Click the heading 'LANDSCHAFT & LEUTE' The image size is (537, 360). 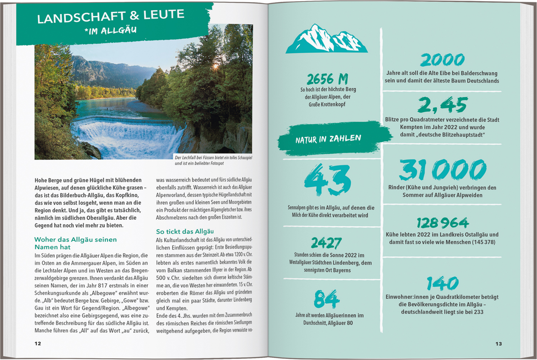click(x=111, y=16)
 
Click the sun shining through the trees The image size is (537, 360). click(x=216, y=66)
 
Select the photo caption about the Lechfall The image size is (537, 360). click(x=213, y=160)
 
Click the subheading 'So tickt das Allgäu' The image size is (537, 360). click(x=185, y=232)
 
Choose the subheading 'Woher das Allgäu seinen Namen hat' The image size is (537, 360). click(x=76, y=243)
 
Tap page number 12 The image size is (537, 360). click(x=38, y=344)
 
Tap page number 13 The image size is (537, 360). click(x=499, y=344)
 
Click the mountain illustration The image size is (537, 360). click(x=326, y=39)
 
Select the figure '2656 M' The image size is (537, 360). click(x=327, y=79)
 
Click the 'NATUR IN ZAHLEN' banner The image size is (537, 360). click(x=328, y=139)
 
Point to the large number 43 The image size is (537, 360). click(x=327, y=180)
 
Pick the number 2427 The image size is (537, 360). click(x=326, y=243)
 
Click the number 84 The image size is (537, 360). click(x=326, y=299)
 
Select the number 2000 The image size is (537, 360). click(x=442, y=60)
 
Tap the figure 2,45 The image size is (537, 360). click(x=442, y=105)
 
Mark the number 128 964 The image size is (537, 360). click(x=442, y=223)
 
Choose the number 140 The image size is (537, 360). click(x=442, y=284)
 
